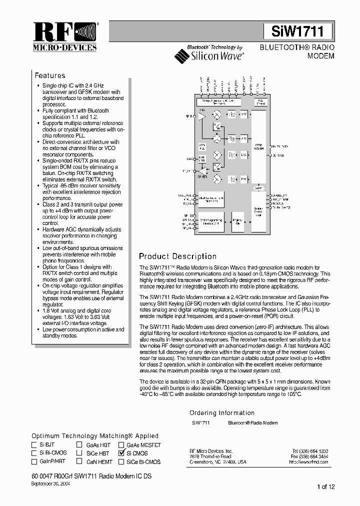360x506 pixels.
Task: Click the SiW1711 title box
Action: tap(297, 31)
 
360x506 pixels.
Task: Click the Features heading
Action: tap(49, 75)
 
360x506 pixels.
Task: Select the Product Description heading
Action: tap(177, 256)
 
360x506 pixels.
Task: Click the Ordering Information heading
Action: tap(222, 413)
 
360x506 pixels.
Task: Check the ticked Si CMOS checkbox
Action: tap(121, 453)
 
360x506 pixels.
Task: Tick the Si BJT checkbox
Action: tap(34, 444)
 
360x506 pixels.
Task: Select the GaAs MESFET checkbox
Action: tap(121, 444)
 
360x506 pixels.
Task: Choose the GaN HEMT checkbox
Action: tap(79, 462)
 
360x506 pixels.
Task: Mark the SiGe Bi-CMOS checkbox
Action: tap(121, 462)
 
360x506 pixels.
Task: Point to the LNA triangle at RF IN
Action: tap(202, 116)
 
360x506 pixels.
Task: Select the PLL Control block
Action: tap(260, 101)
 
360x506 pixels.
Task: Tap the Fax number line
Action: tap(310, 456)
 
